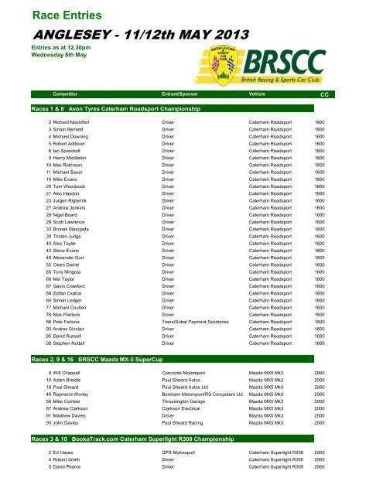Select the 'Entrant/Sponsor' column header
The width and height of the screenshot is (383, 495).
point(180,114)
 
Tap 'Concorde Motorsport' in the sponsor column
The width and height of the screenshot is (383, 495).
point(186,374)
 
